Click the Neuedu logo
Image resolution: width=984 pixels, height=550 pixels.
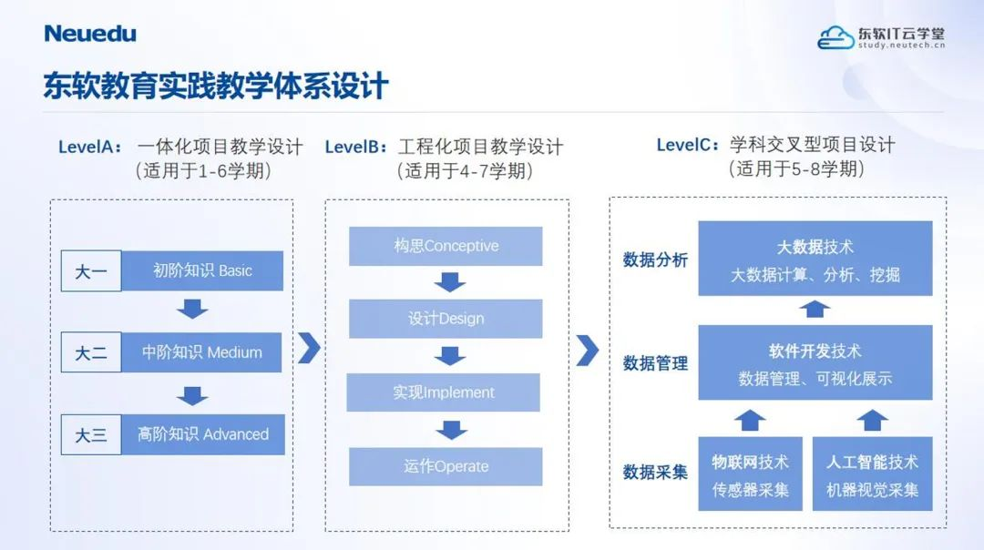point(90,34)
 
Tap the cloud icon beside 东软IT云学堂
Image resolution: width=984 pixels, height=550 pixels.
point(835,37)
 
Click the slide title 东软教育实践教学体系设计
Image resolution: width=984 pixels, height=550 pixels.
point(216,87)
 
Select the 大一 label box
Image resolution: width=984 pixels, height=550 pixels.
point(91,271)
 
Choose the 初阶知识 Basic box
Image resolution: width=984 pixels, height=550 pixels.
point(202,270)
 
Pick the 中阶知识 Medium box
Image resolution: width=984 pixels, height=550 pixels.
point(202,352)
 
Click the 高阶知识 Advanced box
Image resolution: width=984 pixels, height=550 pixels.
point(203,434)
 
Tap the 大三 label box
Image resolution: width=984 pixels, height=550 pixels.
point(91,435)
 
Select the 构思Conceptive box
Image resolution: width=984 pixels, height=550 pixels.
point(446,246)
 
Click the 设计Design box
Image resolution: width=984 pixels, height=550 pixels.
point(446,319)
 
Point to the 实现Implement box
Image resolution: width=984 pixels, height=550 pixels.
point(444,392)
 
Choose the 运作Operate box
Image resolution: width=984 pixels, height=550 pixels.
point(446,466)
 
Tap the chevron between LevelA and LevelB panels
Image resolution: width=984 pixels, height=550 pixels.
point(310,348)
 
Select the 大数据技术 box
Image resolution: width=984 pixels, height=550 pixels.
point(815,259)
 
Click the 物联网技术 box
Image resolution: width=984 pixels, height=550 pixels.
point(750,474)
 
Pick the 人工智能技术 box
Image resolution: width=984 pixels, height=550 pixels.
point(872,474)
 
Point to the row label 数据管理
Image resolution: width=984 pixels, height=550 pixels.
point(655,363)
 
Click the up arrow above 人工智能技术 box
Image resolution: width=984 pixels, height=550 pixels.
point(873,420)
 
